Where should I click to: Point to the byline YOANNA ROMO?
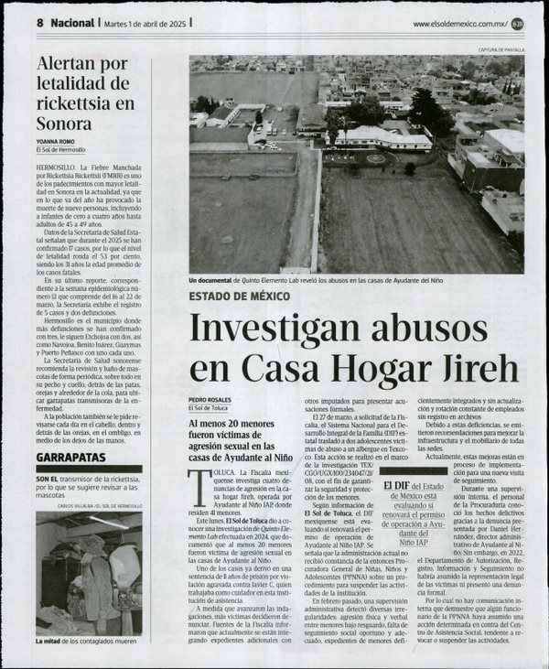coord(57,142)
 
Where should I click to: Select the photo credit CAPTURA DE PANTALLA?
coord(501,49)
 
